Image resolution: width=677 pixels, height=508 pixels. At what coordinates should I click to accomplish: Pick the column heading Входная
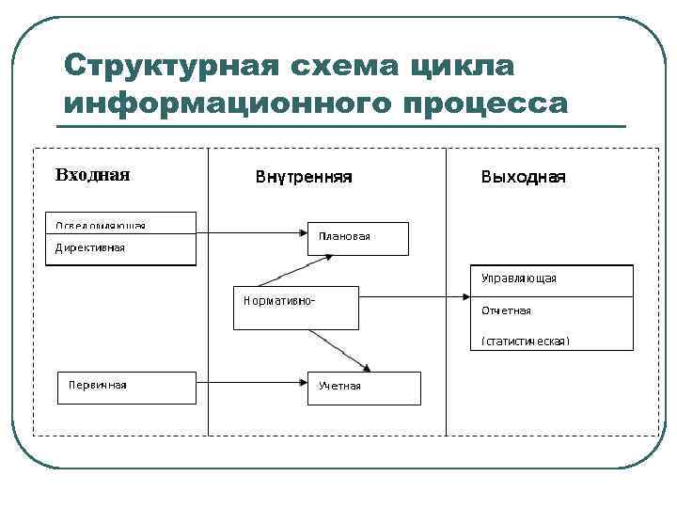coord(92,174)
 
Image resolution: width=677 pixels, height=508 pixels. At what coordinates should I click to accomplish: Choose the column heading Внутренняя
coord(304,176)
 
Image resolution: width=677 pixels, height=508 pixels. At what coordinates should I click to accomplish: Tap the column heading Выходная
coord(523,176)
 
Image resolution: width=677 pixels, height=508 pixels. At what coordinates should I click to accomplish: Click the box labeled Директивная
coord(120,249)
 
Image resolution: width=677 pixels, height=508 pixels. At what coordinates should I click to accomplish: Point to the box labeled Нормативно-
coord(295,308)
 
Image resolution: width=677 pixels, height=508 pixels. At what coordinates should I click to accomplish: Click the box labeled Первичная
coord(127,387)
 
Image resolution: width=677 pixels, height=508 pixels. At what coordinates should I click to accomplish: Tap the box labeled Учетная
coord(364,388)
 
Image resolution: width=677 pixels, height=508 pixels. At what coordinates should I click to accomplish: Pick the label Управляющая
coord(518,278)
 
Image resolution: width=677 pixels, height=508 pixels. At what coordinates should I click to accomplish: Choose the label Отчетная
coord(506,310)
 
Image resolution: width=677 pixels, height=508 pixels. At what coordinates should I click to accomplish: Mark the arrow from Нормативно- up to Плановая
coord(282,269)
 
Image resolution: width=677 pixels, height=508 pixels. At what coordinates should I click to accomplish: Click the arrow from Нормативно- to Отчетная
coord(414,299)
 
